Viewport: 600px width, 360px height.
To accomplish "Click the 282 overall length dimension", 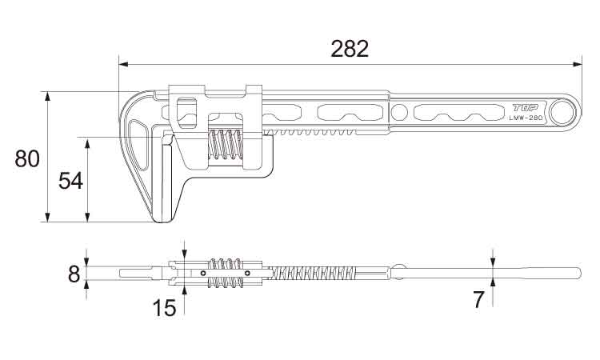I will click(350, 48).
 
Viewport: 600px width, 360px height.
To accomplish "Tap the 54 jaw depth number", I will click(70, 180).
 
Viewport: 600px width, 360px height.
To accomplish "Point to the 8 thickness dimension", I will click(74, 274).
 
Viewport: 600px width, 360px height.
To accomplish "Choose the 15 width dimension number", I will click(164, 307).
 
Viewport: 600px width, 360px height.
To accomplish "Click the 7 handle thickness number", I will click(478, 300).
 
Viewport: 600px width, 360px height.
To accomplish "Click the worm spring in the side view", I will click(226, 145).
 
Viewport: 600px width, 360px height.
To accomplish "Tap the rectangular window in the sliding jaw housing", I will click(186, 112).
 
